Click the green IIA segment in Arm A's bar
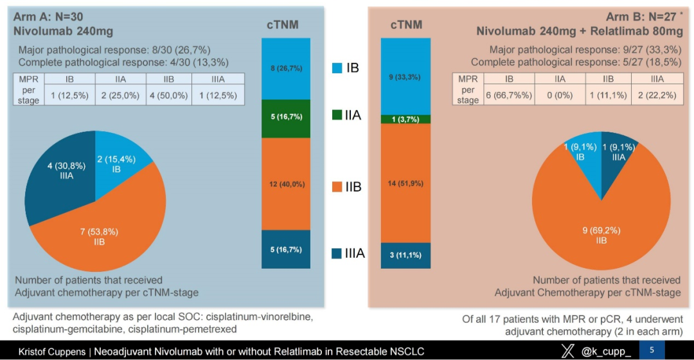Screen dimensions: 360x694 click(287, 118)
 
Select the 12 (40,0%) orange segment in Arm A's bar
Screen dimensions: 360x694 click(287, 184)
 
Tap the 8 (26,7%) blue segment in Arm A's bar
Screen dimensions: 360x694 click(287, 69)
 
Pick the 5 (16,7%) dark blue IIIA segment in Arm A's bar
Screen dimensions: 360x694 click(287, 249)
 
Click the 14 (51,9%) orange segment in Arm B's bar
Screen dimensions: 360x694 click(405, 183)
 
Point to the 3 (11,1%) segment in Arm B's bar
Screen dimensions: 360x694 click(405, 255)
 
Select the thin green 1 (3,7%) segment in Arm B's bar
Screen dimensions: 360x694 click(405, 119)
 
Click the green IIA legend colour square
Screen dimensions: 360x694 click(337, 116)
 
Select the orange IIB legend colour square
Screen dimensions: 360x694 click(337, 187)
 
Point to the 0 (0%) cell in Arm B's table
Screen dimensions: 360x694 click(560, 94)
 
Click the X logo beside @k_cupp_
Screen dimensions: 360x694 click(568, 350)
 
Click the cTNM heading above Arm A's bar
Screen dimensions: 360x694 click(283, 25)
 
